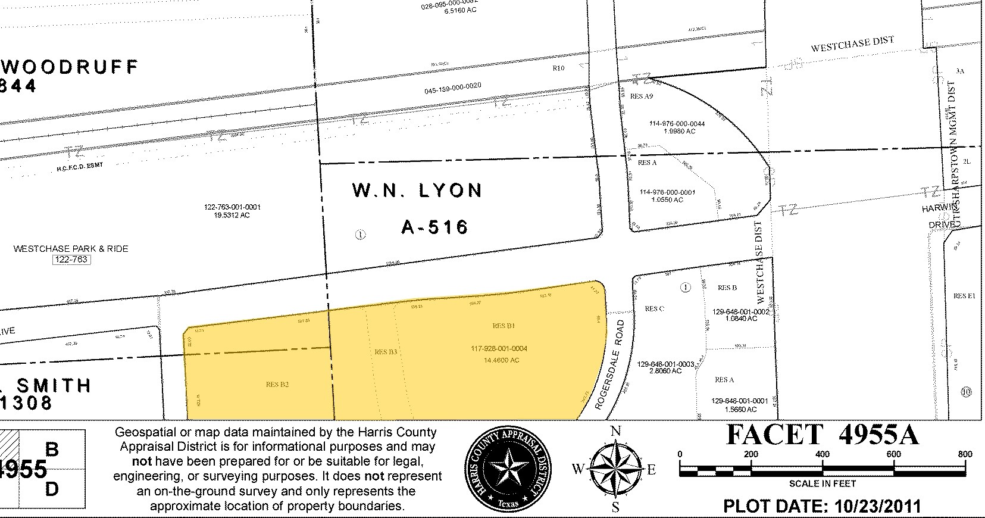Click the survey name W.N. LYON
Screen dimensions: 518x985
(417, 191)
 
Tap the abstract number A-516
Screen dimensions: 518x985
(435, 227)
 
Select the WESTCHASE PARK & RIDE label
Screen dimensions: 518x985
(71, 249)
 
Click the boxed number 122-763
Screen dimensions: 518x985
(71, 260)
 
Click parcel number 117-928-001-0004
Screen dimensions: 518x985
(499, 349)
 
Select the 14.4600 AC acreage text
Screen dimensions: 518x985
(501, 360)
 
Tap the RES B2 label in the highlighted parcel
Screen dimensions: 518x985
(277, 385)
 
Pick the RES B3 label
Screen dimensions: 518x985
(386, 352)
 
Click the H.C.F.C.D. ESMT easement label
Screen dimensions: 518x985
(80, 167)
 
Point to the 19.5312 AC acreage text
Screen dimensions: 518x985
(232, 215)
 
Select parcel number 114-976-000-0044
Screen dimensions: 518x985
(677, 124)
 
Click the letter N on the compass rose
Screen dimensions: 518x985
(616, 430)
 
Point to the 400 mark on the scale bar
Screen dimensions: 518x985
(823, 454)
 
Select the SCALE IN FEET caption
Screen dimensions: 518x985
(823, 483)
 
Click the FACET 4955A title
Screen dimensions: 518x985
(823, 435)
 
